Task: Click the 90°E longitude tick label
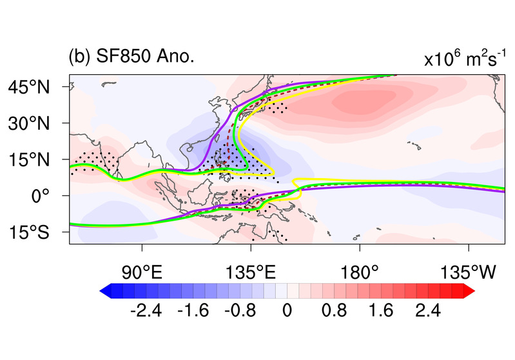(x=142, y=271)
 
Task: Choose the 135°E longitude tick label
(x=251, y=271)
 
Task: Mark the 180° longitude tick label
(x=359, y=271)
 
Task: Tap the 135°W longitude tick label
(x=467, y=271)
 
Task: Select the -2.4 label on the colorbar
(x=146, y=311)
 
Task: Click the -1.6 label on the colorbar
(x=193, y=311)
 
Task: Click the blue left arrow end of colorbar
(x=105, y=291)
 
